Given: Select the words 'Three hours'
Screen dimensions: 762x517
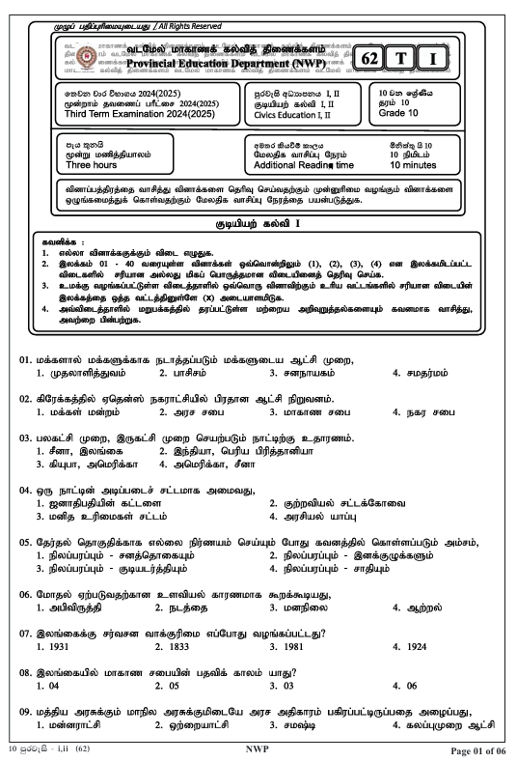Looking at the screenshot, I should (x=92, y=165).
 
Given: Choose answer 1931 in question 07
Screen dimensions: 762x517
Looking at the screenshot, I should (x=46, y=645).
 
